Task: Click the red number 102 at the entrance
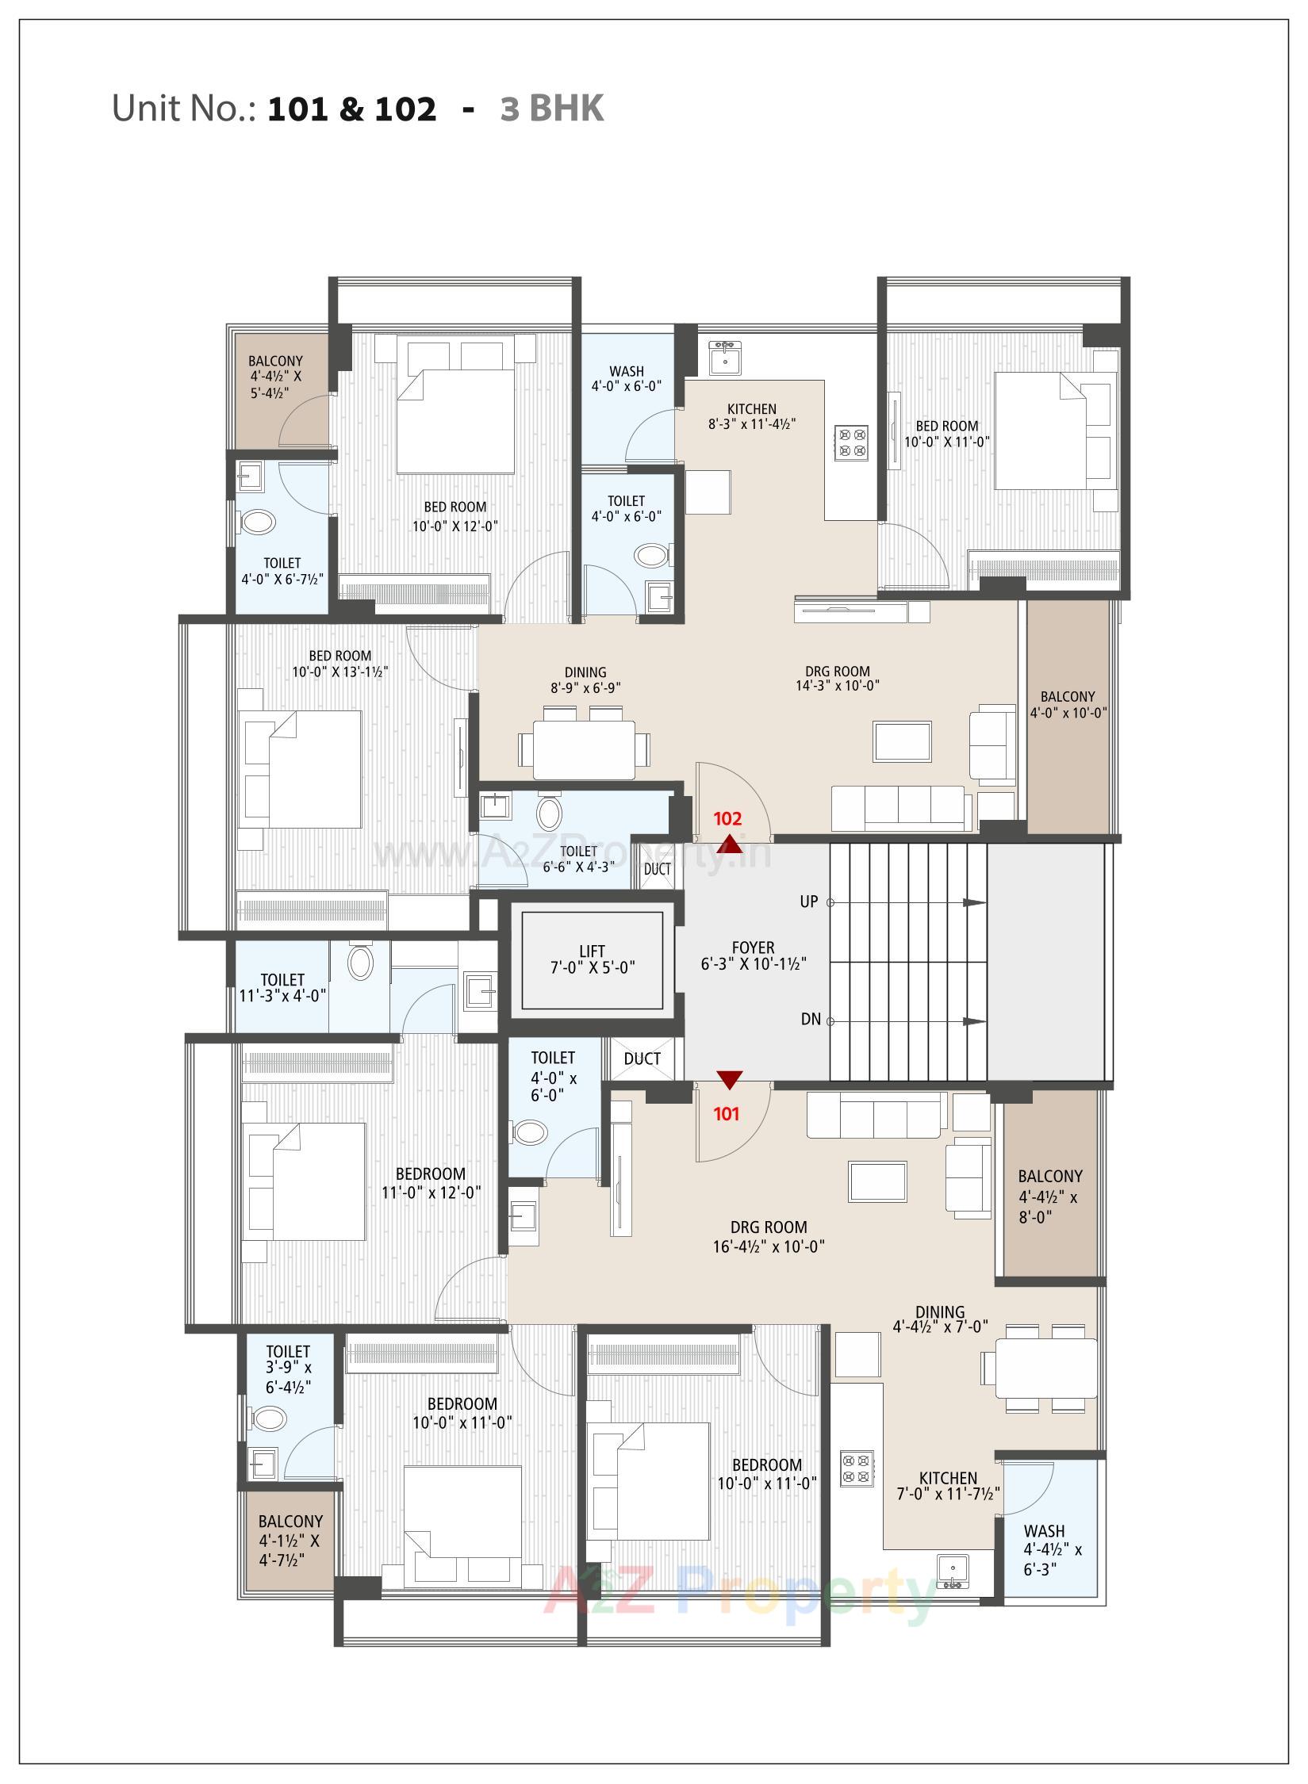click(727, 818)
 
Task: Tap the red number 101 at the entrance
click(726, 1114)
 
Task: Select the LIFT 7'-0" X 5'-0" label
click(592, 959)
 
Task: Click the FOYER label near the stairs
click(753, 948)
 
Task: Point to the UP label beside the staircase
click(808, 902)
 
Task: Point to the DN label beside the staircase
click(811, 1020)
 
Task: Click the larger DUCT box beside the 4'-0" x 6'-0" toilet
click(642, 1059)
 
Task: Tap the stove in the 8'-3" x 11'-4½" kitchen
click(851, 442)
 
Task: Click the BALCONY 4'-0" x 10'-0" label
click(1068, 704)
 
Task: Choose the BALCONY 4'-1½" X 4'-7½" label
click(290, 1541)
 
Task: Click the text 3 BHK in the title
click(552, 109)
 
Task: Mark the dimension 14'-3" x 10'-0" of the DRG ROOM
click(837, 686)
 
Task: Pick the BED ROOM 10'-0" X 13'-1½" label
click(340, 664)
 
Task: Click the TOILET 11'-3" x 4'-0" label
click(282, 988)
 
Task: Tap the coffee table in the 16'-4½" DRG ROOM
click(877, 1181)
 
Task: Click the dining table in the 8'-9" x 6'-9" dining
click(584, 748)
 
